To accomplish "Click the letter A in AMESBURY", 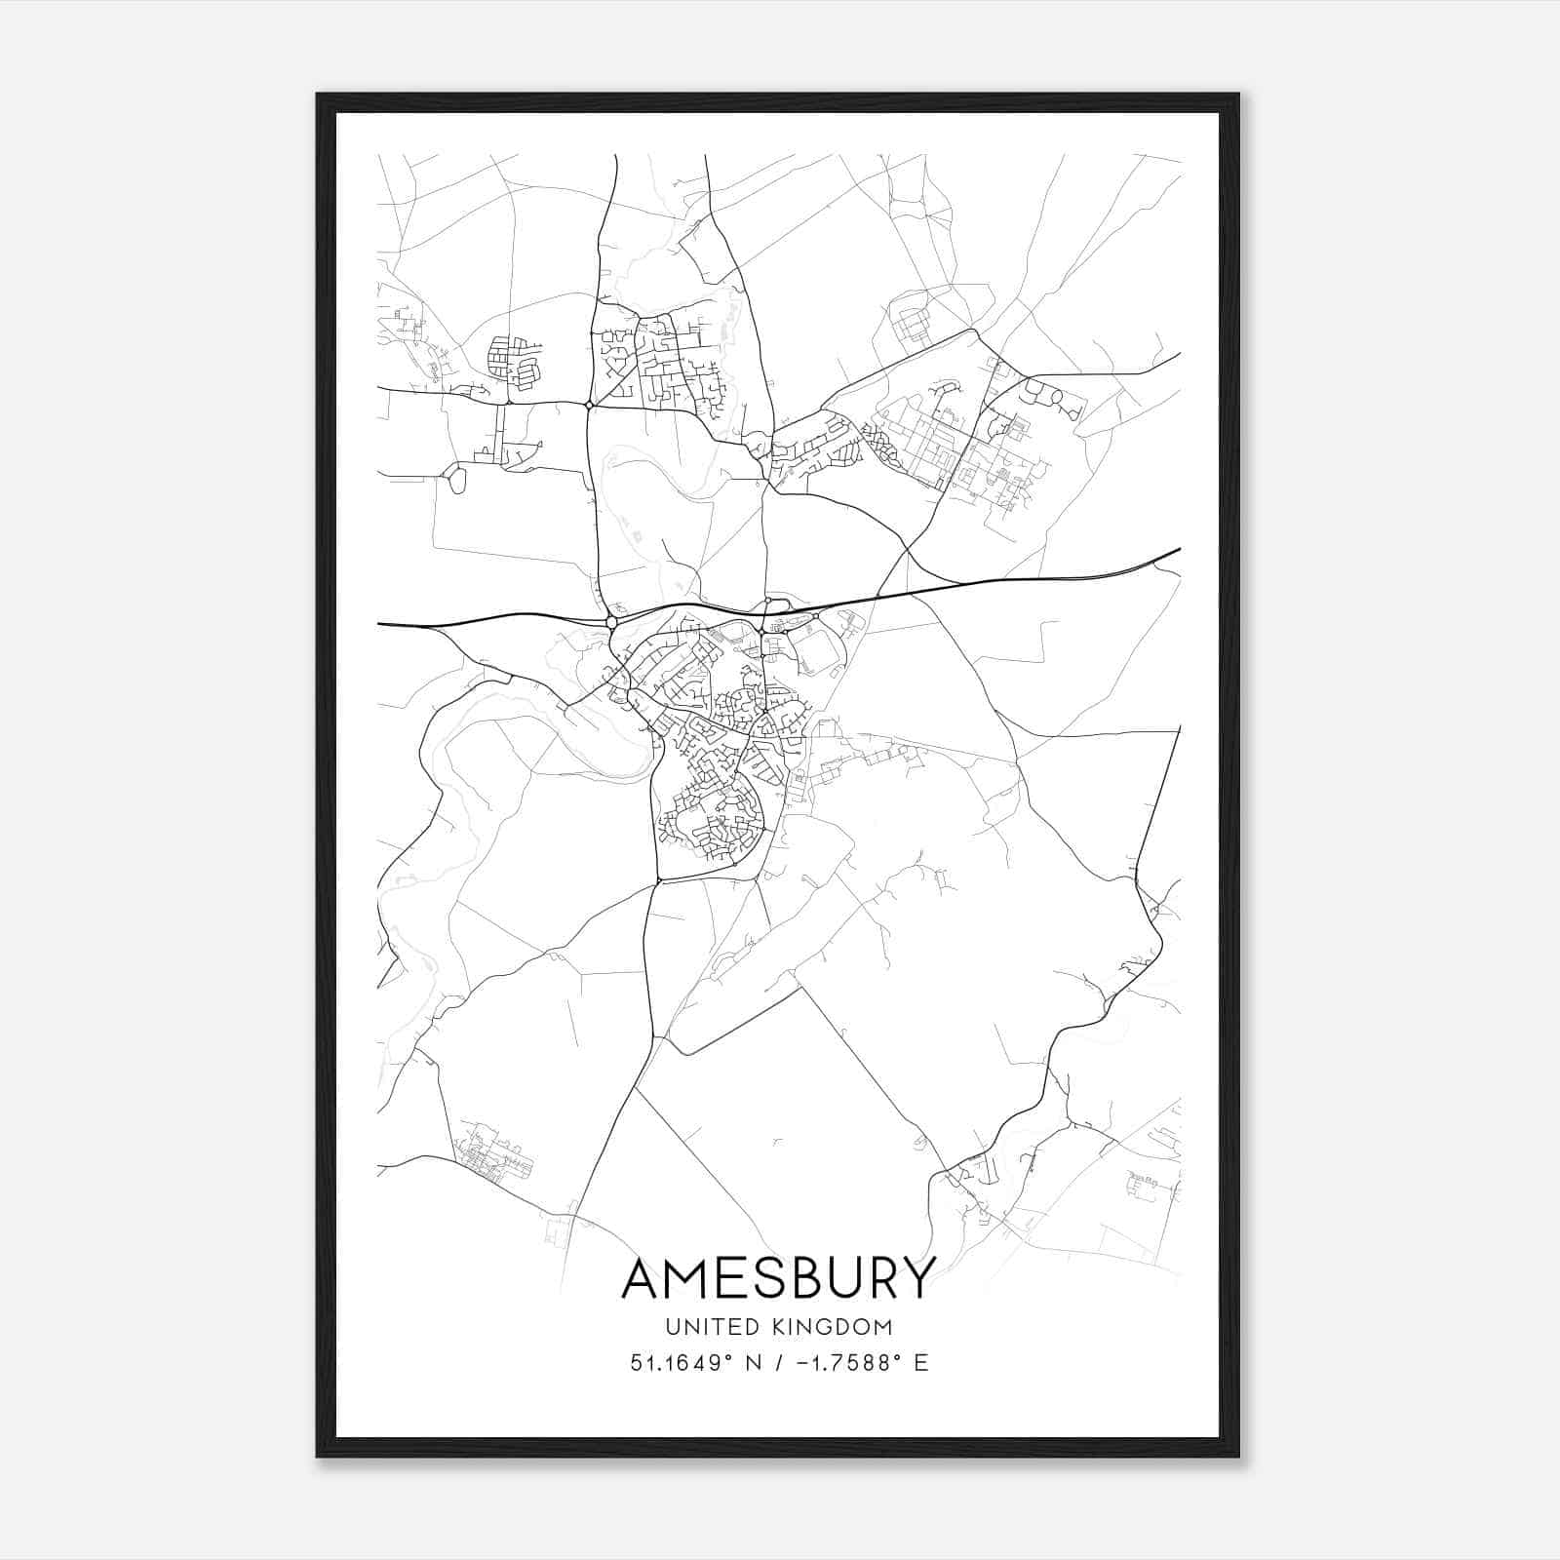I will [643, 1278].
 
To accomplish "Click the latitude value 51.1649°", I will [681, 1363].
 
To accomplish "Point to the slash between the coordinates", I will [777, 1363].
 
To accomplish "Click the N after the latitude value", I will [752, 1363].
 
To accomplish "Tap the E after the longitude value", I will [921, 1363].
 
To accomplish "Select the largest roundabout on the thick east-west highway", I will [611, 621].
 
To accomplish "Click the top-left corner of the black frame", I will [318, 95].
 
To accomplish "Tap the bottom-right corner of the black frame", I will [1238, 1457].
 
